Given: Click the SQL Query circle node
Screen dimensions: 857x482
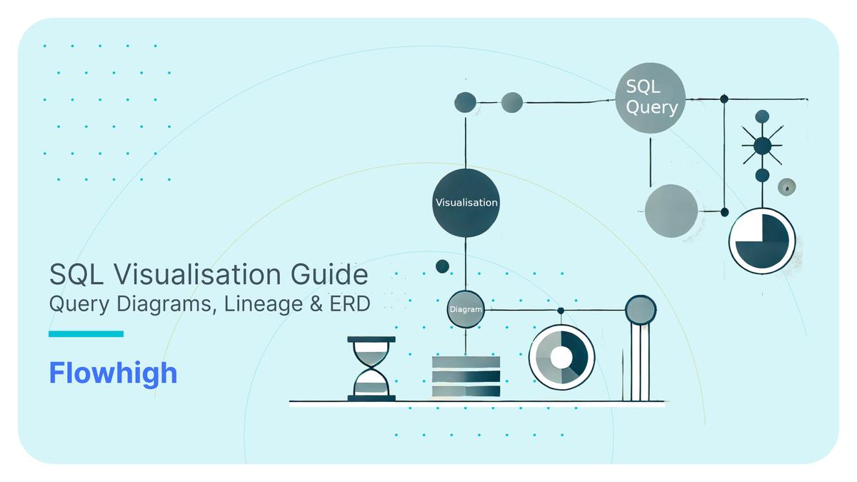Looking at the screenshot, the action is pyautogui.click(x=651, y=98).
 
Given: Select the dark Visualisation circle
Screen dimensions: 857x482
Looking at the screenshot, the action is pyautogui.click(x=466, y=203).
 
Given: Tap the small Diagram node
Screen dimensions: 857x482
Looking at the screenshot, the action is pyautogui.click(x=466, y=309).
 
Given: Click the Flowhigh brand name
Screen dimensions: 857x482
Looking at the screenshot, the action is pyautogui.click(x=114, y=373).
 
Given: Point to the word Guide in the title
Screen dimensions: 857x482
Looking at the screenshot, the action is pyautogui.click(x=329, y=274).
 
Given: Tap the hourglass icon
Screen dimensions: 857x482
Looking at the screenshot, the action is pyautogui.click(x=371, y=368).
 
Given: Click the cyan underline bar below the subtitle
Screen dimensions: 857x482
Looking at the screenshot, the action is pyautogui.click(x=86, y=334).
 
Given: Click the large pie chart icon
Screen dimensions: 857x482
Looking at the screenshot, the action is pyautogui.click(x=762, y=241).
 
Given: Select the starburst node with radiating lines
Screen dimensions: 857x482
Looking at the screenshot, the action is pyautogui.click(x=762, y=146).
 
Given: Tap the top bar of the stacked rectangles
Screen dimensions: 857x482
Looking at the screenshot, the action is pyautogui.click(x=466, y=362).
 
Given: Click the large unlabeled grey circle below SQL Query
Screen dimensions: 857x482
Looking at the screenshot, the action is pyautogui.click(x=671, y=211).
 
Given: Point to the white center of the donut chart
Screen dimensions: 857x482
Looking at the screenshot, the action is pyautogui.click(x=561, y=357).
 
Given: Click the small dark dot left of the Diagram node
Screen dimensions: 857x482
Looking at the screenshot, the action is pyautogui.click(x=442, y=266).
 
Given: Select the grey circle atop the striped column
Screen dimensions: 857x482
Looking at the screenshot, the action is pyautogui.click(x=641, y=310).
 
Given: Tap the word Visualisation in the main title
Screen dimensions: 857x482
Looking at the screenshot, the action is pyautogui.click(x=197, y=274).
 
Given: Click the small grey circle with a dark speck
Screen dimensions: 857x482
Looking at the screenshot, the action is pyautogui.click(x=787, y=187).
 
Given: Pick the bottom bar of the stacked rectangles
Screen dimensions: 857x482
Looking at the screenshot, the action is pyautogui.click(x=466, y=391).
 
